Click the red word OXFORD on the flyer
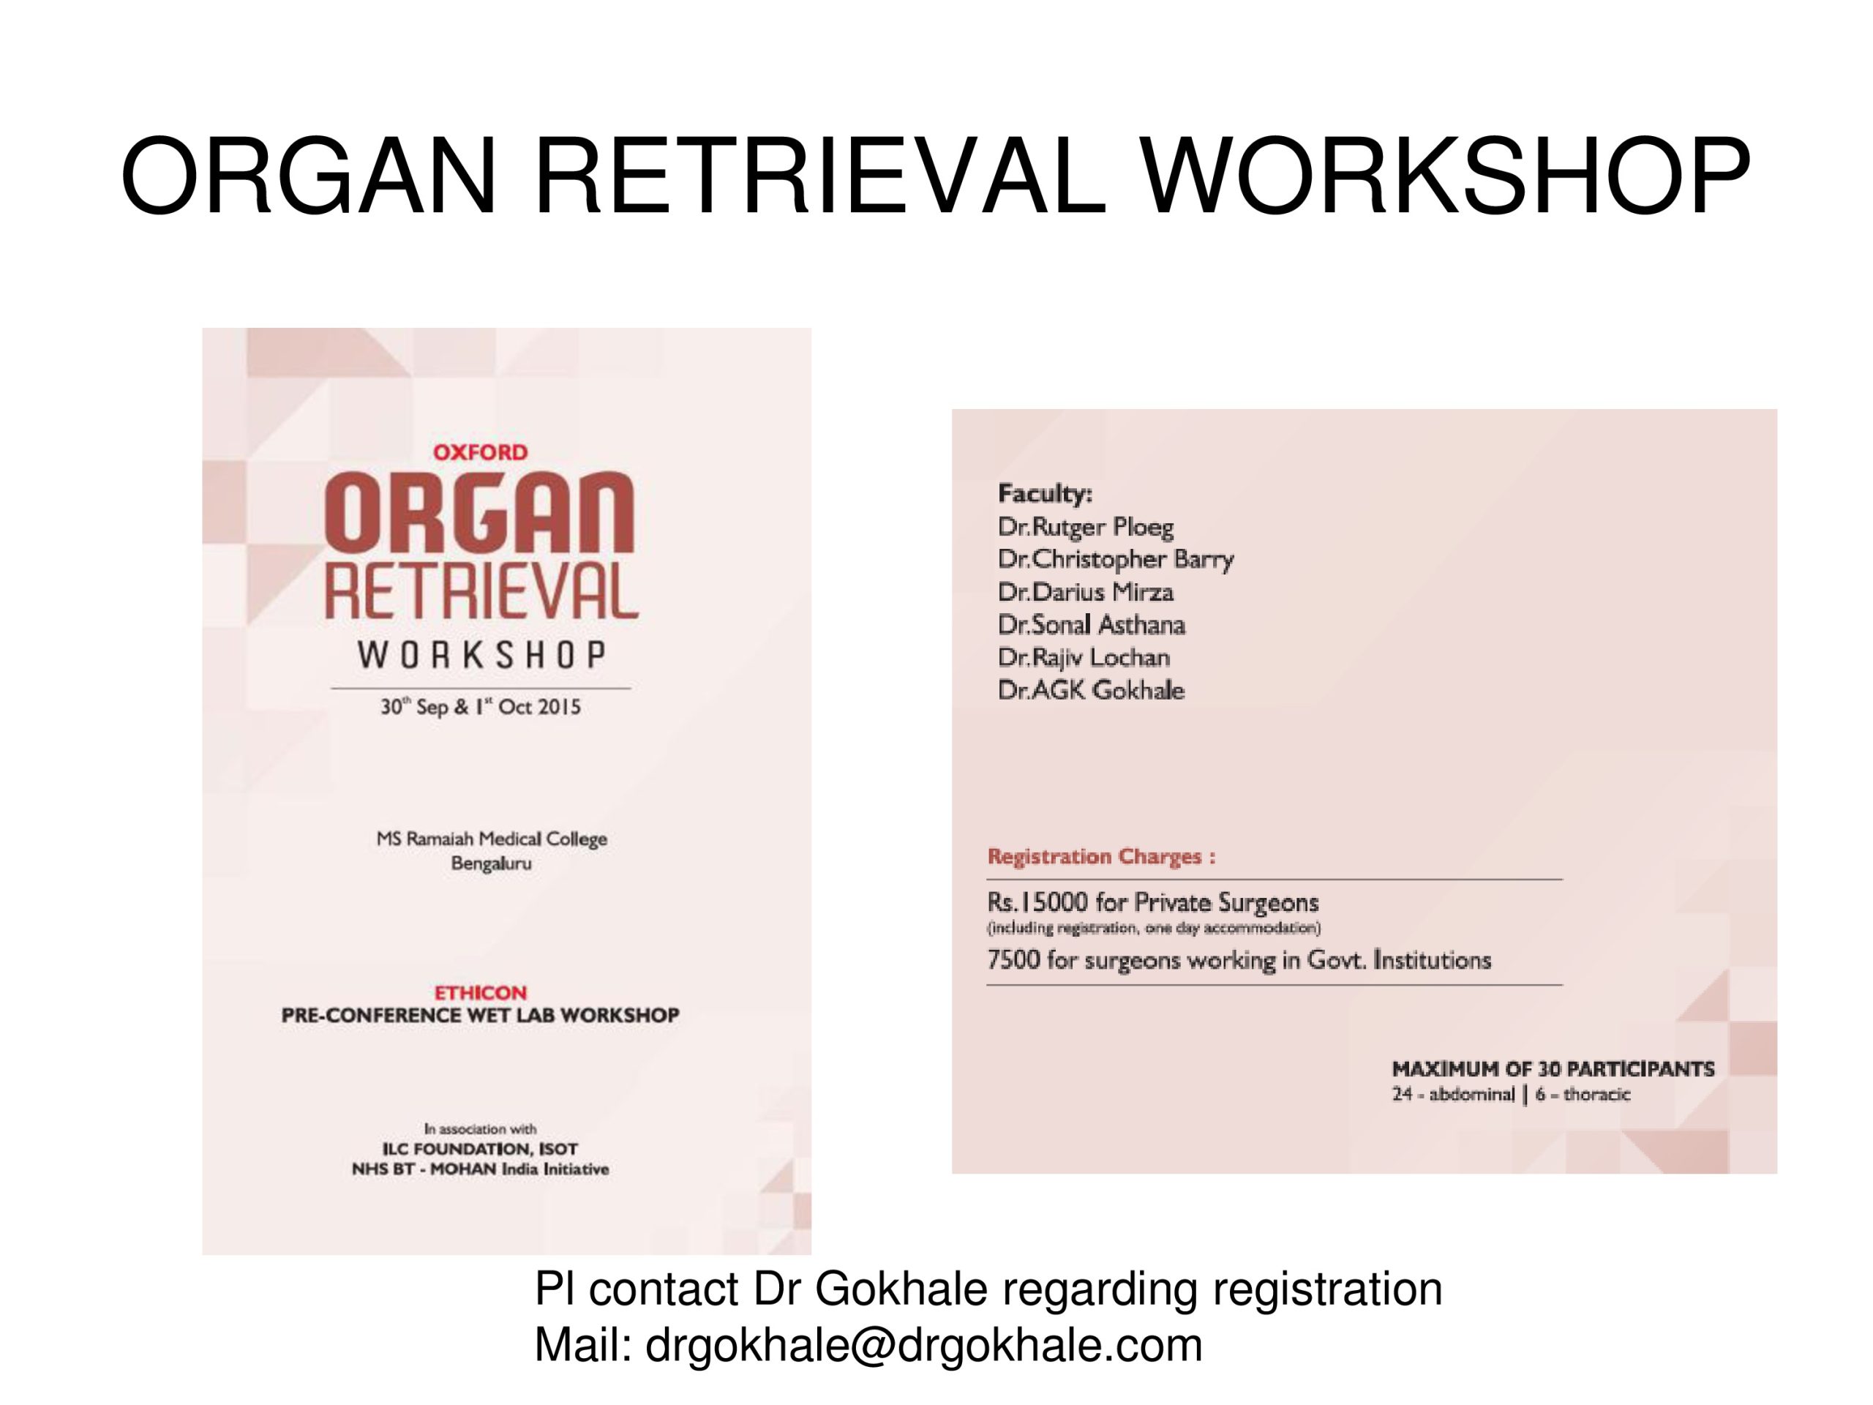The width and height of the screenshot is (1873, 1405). coord(480,452)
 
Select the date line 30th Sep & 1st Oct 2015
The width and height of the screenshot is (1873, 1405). coord(480,706)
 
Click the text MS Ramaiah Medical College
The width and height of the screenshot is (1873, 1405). coord(492,839)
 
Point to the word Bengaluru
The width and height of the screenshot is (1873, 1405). coord(491,863)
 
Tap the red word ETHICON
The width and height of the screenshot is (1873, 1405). coord(480,992)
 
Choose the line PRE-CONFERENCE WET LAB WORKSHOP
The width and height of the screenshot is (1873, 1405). coord(480,1016)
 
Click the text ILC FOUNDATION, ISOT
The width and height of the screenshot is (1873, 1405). coord(480,1149)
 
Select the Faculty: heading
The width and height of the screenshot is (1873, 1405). coord(1045,493)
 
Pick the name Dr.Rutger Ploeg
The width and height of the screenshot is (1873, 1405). coord(1086,527)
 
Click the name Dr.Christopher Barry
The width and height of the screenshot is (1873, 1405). coord(1115,560)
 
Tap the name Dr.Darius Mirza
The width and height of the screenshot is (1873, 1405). coord(1086,591)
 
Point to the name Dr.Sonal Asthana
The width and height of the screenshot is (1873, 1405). coord(1092,624)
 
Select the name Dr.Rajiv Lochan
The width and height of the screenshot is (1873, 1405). coord(1084,657)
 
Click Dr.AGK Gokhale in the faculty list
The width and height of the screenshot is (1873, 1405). coord(1091,690)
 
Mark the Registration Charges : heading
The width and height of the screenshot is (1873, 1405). coord(1102,857)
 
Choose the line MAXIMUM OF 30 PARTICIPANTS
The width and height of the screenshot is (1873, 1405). coord(1553,1069)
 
